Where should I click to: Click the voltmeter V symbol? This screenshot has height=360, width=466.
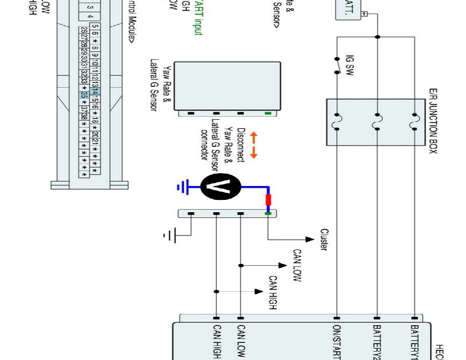click(x=221, y=186)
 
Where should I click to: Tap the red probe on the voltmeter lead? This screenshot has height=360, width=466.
click(x=268, y=200)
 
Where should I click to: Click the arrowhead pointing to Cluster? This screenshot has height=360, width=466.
click(x=310, y=239)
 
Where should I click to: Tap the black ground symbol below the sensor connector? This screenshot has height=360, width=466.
click(x=171, y=235)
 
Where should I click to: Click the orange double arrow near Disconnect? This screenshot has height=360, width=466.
click(x=254, y=145)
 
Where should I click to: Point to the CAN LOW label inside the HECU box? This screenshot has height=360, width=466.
click(x=240, y=341)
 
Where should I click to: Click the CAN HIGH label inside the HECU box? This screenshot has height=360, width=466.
click(x=216, y=341)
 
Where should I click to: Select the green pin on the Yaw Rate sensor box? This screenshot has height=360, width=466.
click(x=268, y=113)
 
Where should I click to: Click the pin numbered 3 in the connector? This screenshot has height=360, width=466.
click(x=90, y=7)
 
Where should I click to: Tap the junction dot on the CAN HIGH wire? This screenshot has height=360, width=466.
click(x=216, y=292)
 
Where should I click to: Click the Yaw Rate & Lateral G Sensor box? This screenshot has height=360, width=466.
click(x=227, y=86)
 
